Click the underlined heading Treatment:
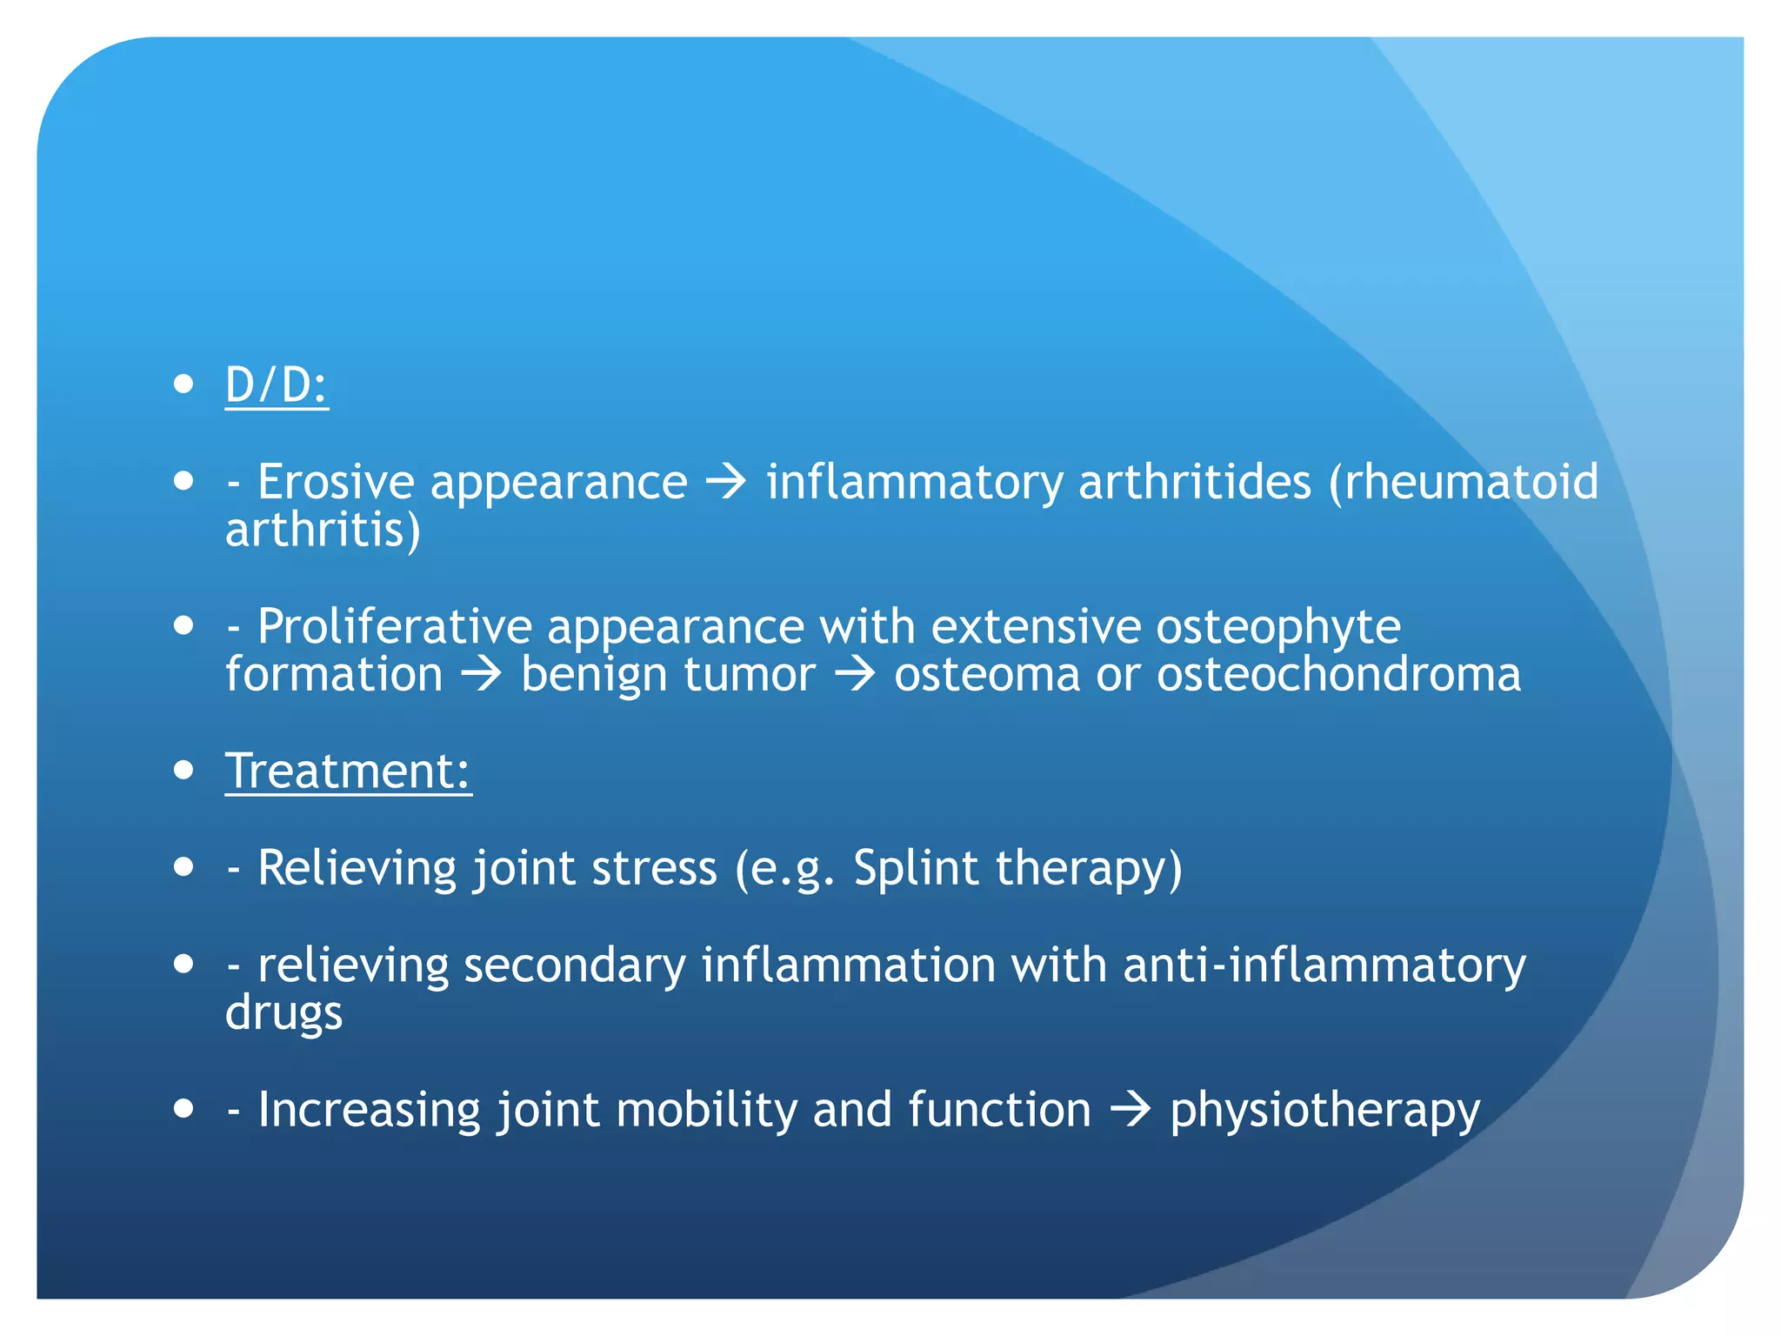pos(348,772)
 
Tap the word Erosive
pos(336,482)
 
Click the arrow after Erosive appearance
pos(726,482)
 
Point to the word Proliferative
pos(394,626)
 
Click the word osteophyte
pos(1277,628)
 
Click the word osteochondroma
pos(1338,674)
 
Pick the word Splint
pos(916,869)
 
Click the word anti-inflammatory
pos(1324,966)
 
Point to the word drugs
pos(283,1014)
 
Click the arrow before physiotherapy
pos(1131,1111)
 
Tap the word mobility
pos(706,1111)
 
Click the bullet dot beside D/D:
pos(183,384)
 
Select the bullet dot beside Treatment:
pos(183,770)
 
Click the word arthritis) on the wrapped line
pos(323,531)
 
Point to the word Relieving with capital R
pos(357,869)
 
